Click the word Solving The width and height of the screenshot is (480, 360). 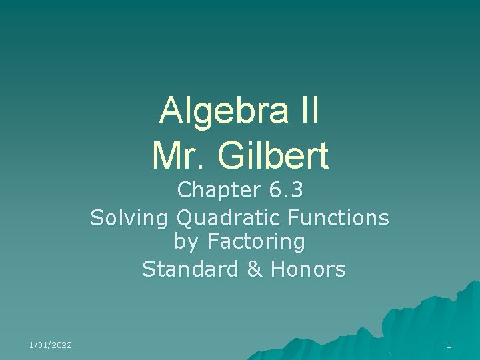coord(130,217)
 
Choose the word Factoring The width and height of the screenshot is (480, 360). coord(257,242)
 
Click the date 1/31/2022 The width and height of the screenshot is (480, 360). coord(51,345)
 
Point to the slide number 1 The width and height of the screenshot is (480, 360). coord(449,345)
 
